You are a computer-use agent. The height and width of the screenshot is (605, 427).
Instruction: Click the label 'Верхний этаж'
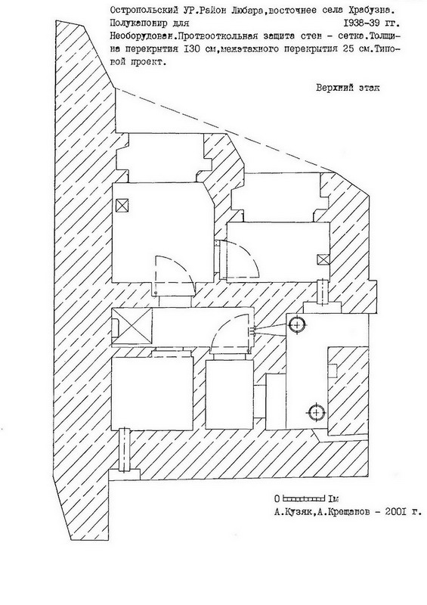point(348,88)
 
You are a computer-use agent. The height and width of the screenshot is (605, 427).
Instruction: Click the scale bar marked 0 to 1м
point(304,498)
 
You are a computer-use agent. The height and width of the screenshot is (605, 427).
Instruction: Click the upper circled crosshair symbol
point(296,325)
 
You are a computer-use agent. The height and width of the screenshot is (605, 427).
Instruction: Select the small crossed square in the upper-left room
point(122,204)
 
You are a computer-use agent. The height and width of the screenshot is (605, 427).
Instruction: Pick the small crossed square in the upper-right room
point(323,259)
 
